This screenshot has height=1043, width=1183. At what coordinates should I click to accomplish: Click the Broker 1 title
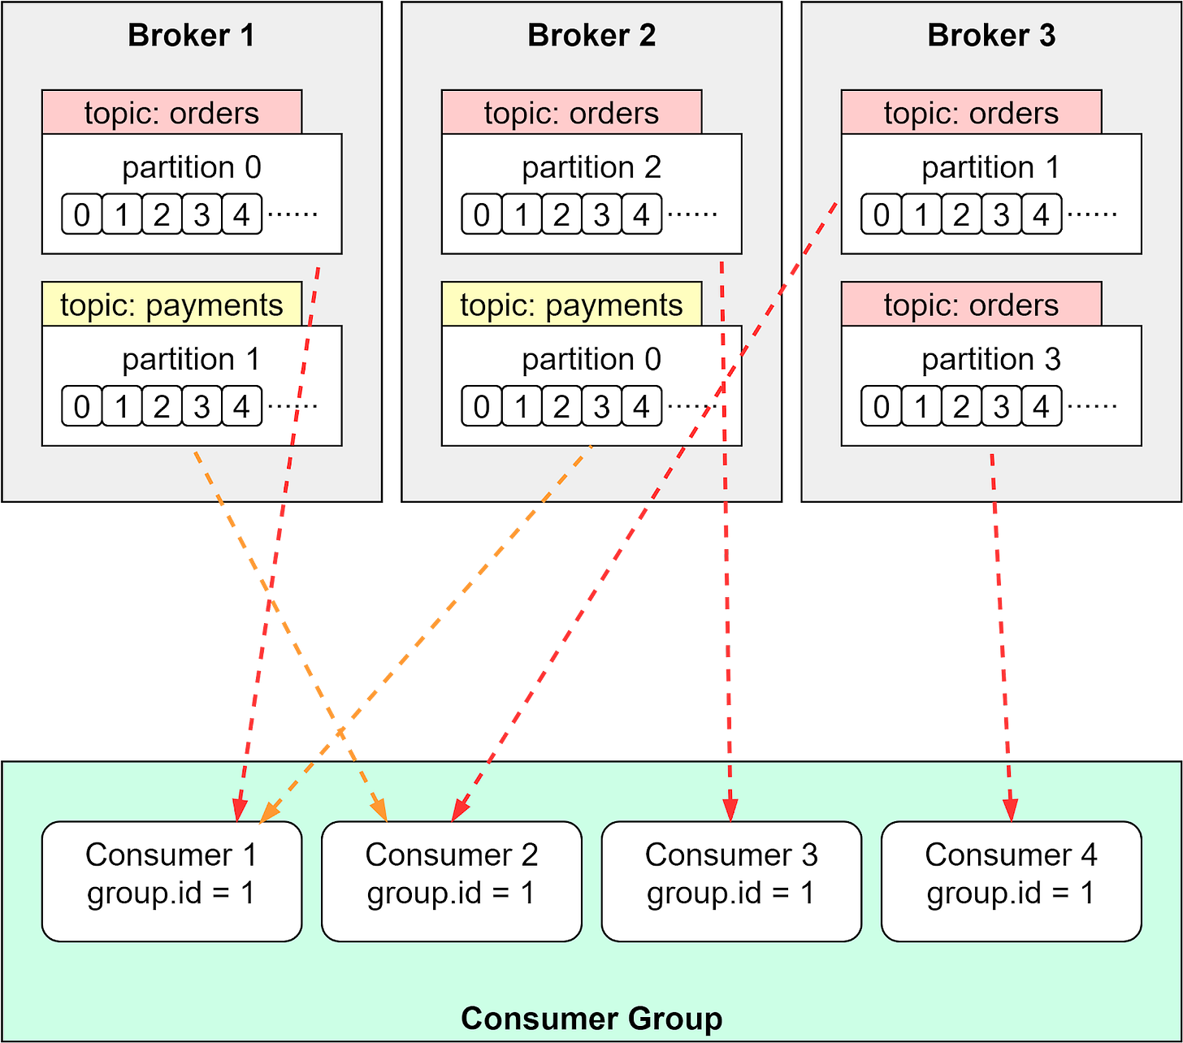point(191,36)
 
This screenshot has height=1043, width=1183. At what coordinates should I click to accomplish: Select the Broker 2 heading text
point(591,36)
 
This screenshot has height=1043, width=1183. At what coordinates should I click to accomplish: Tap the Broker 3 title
point(991,36)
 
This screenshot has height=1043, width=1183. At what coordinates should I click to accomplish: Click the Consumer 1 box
point(171,881)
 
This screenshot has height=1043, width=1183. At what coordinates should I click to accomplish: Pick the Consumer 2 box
point(452,881)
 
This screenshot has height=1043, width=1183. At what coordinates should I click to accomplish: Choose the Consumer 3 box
point(731,881)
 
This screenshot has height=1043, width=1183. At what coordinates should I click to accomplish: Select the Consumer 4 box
point(1011,881)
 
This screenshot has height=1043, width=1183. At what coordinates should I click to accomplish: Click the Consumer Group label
point(591,1019)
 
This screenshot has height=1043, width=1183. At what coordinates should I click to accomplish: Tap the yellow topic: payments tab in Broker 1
point(171,305)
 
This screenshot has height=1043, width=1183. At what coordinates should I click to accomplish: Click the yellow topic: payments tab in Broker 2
point(571,305)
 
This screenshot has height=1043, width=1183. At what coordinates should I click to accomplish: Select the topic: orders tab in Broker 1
point(171,113)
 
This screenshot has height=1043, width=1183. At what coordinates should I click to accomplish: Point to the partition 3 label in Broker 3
point(991,359)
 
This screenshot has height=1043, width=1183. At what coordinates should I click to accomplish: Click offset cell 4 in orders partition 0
point(241,214)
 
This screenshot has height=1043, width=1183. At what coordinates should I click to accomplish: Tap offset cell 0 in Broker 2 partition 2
point(482,214)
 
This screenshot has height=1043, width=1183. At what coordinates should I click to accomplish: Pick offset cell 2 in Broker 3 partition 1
point(961,214)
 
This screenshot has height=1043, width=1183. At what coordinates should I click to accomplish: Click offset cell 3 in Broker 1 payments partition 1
point(201,406)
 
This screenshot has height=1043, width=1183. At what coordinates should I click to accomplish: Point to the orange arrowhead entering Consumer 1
point(269,811)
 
